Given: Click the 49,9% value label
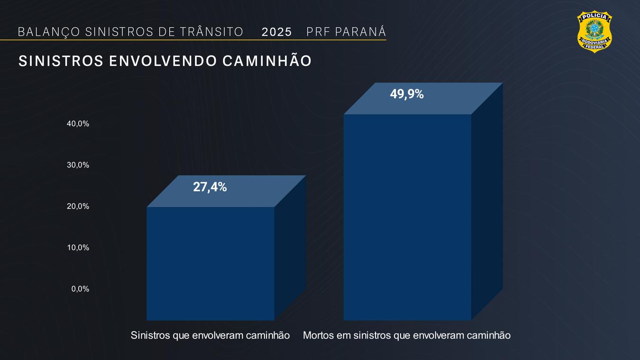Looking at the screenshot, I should pyautogui.click(x=407, y=94).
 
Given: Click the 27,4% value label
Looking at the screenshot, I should pyautogui.click(x=210, y=187).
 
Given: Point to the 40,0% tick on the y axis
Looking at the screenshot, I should pyautogui.click(x=78, y=124).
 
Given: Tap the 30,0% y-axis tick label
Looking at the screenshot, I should pyautogui.click(x=78, y=165).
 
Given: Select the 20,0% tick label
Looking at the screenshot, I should pyautogui.click(x=78, y=206).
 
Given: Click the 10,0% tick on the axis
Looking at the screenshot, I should pyautogui.click(x=78, y=248).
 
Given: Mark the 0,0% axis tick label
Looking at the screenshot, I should pyautogui.click(x=80, y=289).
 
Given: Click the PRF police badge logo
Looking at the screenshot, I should pyautogui.click(x=594, y=31).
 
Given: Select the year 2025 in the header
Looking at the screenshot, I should pyautogui.click(x=277, y=32).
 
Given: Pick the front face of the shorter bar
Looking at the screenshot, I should pyautogui.click(x=210, y=263).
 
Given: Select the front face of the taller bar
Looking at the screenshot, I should pyautogui.click(x=407, y=217).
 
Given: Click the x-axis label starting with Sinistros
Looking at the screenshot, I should pyautogui.click(x=210, y=335).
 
